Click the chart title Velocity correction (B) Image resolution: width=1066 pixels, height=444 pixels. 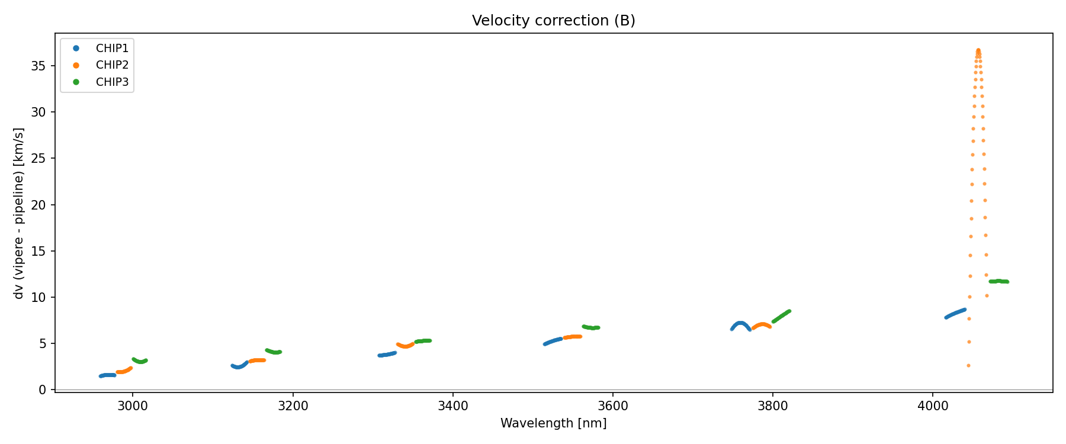[553, 21]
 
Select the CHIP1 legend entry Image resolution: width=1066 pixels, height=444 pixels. [112, 49]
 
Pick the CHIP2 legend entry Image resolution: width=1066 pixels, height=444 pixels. [112, 65]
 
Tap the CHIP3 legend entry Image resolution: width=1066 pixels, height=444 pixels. [112, 82]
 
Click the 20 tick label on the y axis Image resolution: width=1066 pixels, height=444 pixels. [38, 205]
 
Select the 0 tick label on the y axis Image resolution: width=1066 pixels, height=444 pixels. [42, 390]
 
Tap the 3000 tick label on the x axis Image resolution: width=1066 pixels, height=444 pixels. [133, 406]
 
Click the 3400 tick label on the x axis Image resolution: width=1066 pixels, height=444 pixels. [452, 406]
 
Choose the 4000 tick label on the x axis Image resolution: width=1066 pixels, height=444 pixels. [933, 406]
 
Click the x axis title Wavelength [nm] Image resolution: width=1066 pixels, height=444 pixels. [553, 423]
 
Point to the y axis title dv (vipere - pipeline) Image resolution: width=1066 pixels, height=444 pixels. [19, 213]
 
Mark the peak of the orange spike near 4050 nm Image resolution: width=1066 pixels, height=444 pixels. [978, 50]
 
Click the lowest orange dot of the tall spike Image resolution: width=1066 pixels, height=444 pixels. [968, 365]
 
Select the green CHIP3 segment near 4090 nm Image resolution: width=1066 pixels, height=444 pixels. [998, 281]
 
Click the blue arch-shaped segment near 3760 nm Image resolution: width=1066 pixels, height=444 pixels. [740, 323]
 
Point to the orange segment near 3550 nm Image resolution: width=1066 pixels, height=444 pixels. [572, 337]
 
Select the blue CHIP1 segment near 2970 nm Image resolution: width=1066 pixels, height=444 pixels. [107, 375]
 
